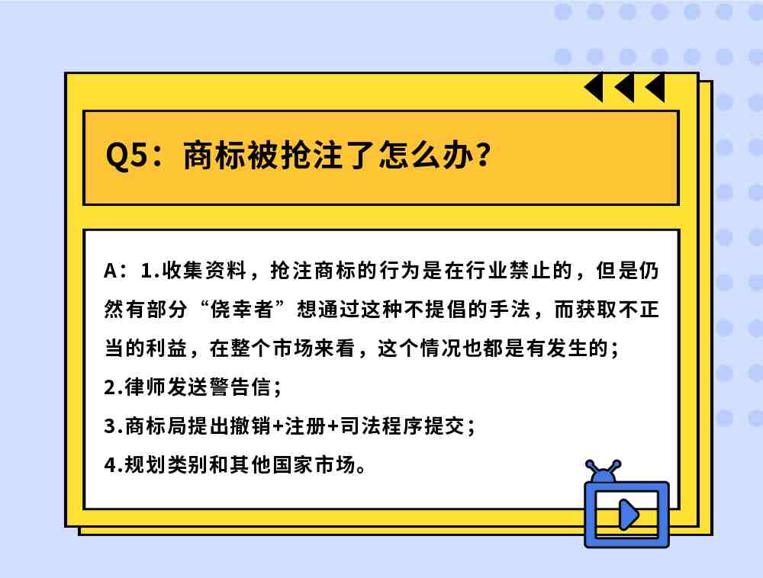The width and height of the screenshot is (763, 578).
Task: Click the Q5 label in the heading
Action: click(x=126, y=156)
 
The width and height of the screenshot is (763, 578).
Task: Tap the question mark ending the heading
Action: click(x=484, y=155)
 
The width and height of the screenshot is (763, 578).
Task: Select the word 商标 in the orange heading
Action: click(x=214, y=156)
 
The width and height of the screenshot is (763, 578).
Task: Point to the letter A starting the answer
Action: click(x=110, y=271)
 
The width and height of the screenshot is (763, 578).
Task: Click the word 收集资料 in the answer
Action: click(x=204, y=270)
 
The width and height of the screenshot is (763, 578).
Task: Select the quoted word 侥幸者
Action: click(x=242, y=309)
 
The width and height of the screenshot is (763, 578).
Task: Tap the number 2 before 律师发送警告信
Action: click(x=109, y=387)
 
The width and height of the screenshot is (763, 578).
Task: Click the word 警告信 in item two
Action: click(x=240, y=387)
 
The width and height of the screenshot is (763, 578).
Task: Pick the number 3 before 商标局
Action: click(x=109, y=426)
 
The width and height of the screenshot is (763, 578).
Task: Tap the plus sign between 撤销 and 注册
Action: click(x=278, y=426)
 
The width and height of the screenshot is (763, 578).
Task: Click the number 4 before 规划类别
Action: click(x=110, y=465)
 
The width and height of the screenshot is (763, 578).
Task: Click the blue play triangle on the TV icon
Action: click(x=628, y=515)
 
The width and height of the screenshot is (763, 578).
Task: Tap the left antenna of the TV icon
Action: click(x=593, y=468)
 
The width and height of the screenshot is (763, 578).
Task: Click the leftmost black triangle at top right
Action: click(x=594, y=88)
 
